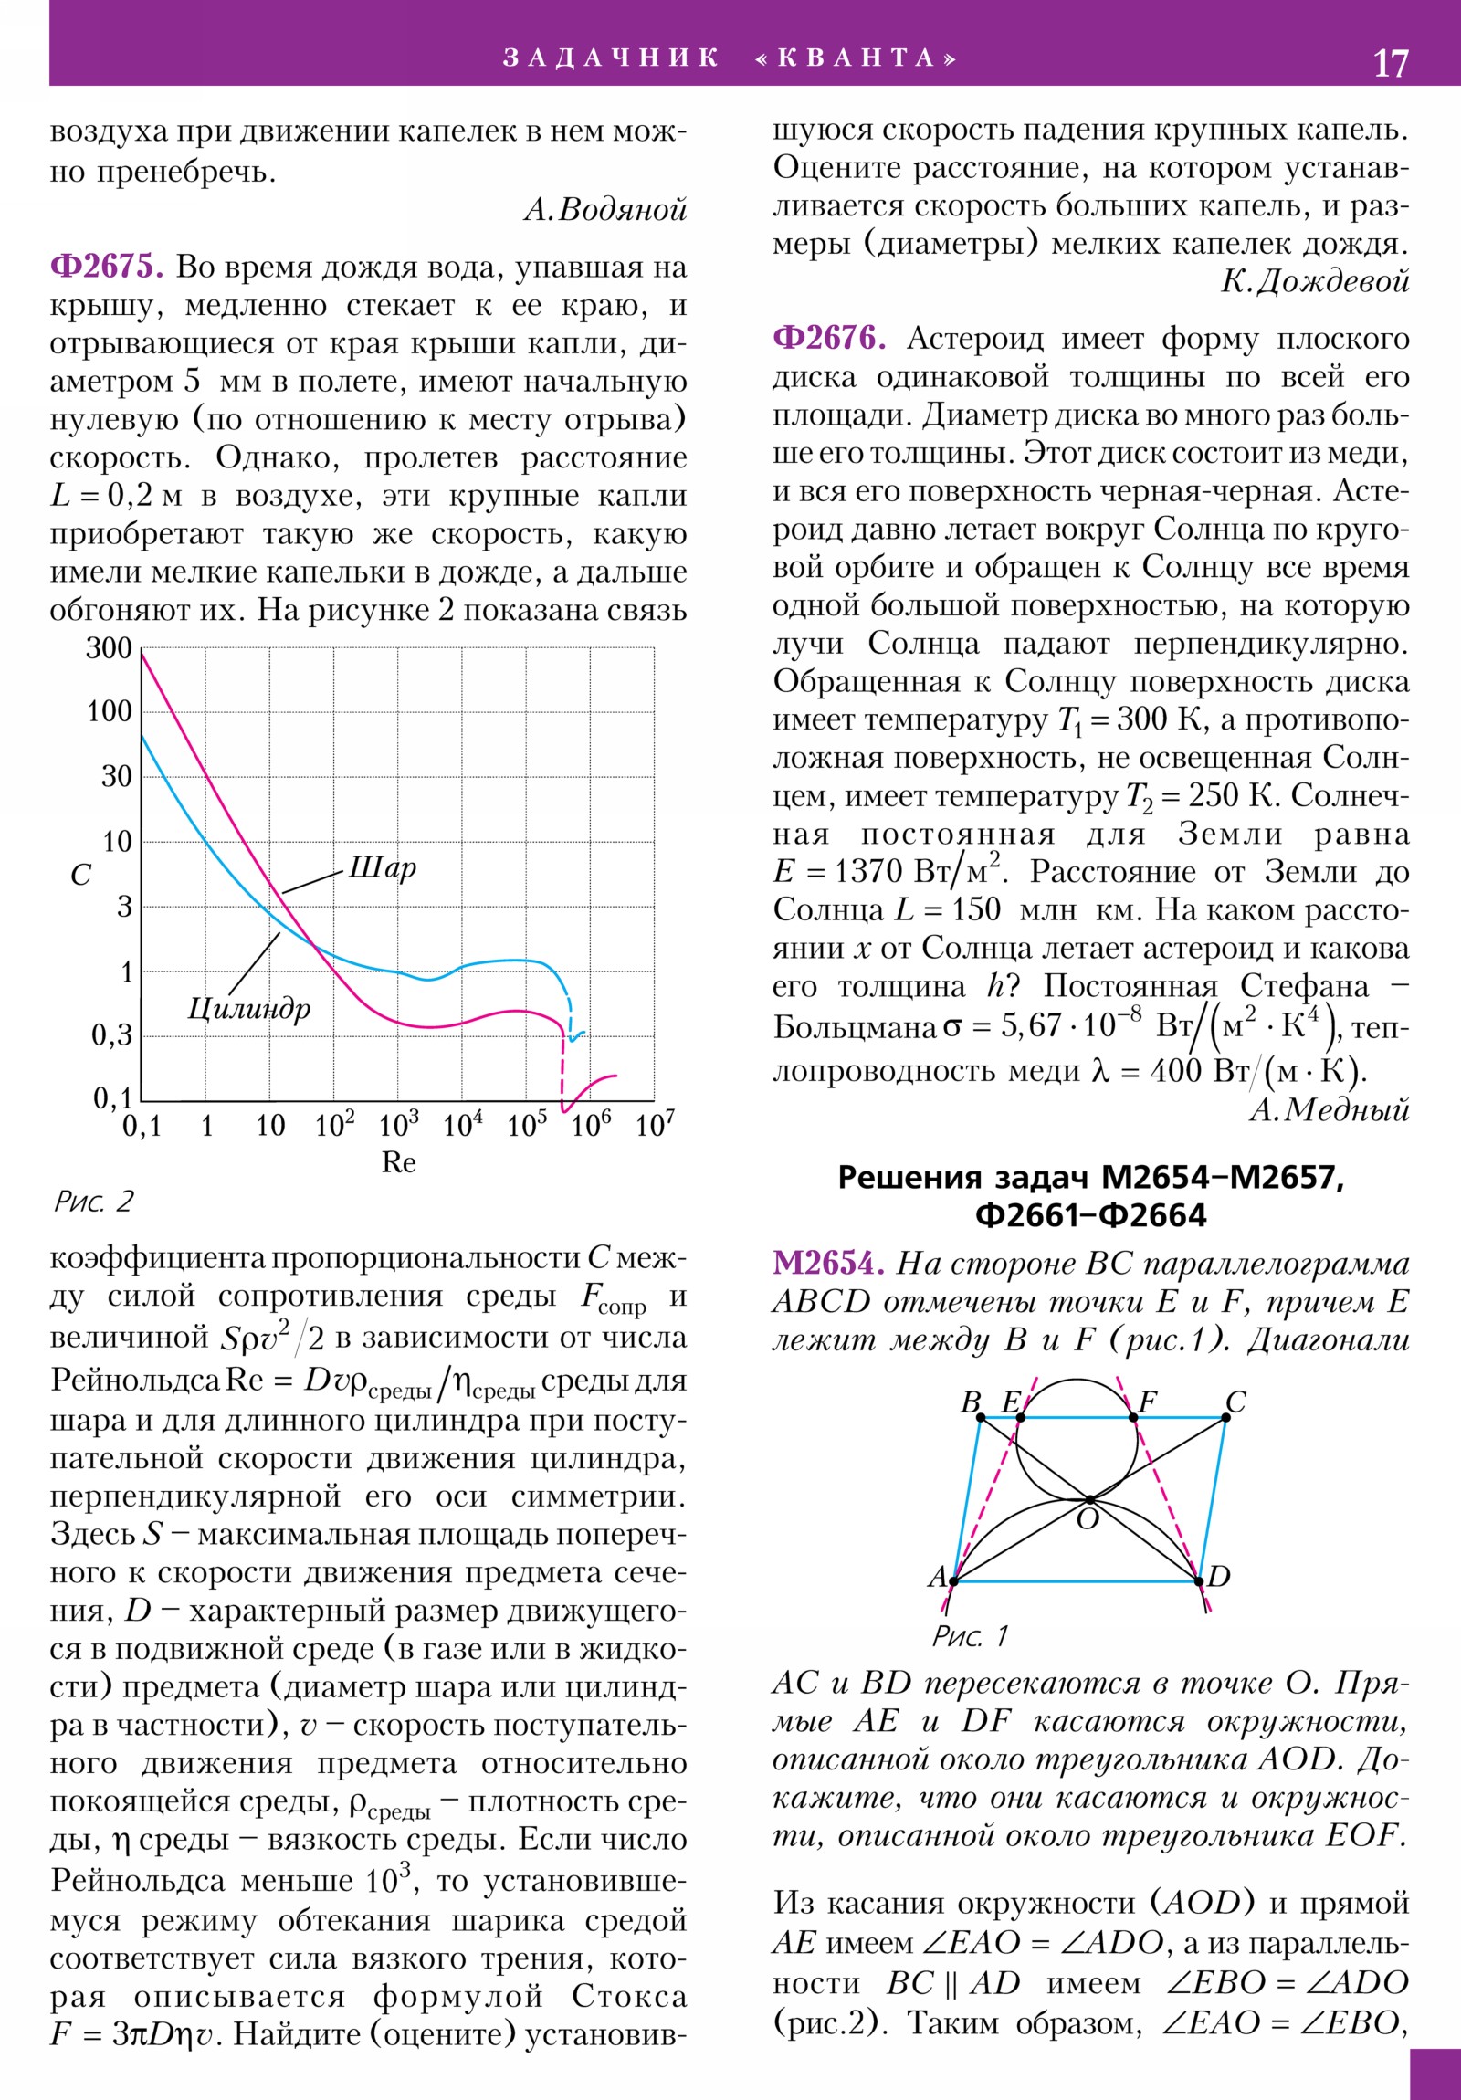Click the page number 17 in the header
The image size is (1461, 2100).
[1391, 63]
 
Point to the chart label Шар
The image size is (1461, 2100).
[382, 866]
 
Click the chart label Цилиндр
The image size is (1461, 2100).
[249, 1008]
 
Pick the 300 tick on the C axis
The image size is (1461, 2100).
[109, 648]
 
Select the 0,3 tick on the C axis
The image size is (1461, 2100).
[111, 1035]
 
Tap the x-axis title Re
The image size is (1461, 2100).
[398, 1162]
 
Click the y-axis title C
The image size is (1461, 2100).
[80, 876]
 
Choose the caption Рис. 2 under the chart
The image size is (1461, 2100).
[93, 1201]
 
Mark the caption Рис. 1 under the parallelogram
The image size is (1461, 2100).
[970, 1635]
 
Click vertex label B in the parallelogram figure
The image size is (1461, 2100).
[971, 1402]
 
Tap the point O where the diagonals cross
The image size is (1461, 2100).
[1088, 1500]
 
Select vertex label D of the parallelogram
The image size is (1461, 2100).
[1219, 1576]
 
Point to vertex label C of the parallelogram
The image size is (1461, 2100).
[1235, 1402]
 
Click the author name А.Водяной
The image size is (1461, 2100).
[604, 210]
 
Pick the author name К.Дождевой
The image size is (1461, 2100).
[1315, 282]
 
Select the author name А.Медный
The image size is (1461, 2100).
[1329, 1109]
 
